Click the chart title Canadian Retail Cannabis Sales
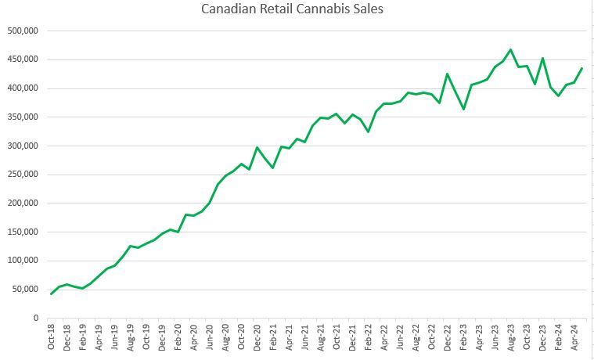(x=297, y=10)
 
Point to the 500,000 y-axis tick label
(x=22, y=31)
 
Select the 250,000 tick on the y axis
(x=22, y=175)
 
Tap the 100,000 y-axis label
(x=22, y=261)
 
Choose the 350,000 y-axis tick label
(x=22, y=117)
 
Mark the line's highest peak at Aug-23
(x=511, y=49)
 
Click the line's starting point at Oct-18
(x=52, y=293)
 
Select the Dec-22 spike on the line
(x=448, y=74)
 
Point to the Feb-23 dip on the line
(x=463, y=109)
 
